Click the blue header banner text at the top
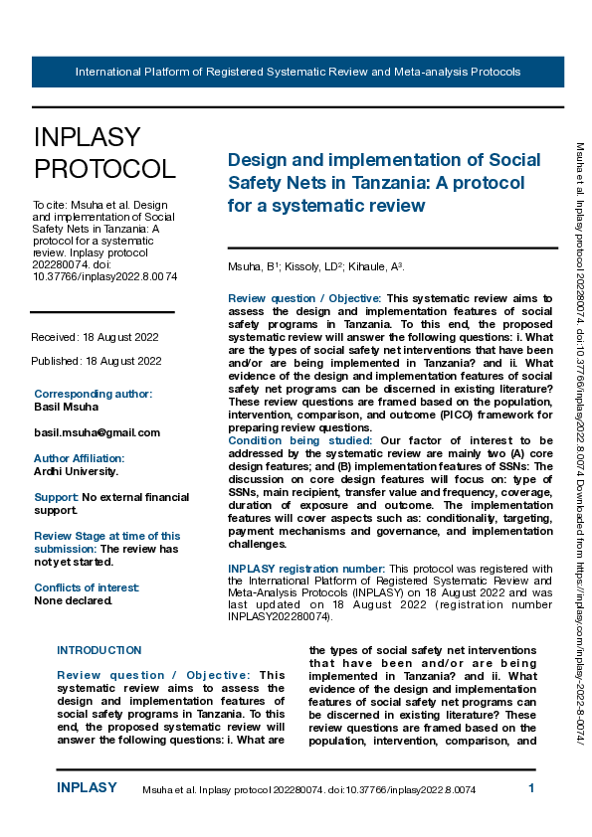[x=297, y=73]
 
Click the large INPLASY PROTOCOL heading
[x=104, y=152]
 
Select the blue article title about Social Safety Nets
[x=384, y=183]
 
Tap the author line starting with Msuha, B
[x=315, y=267]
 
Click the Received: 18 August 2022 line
[x=96, y=338]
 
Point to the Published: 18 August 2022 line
[x=96, y=361]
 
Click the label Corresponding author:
[x=93, y=394]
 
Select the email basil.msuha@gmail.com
[x=97, y=432]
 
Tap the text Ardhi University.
[x=76, y=471]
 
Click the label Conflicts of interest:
[x=87, y=587]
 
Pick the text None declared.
[x=73, y=600]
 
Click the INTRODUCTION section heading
[x=99, y=650]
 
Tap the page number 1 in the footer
[x=531, y=788]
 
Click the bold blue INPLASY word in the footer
[x=87, y=788]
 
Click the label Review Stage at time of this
[x=107, y=536]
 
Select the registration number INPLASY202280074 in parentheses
[x=279, y=616]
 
